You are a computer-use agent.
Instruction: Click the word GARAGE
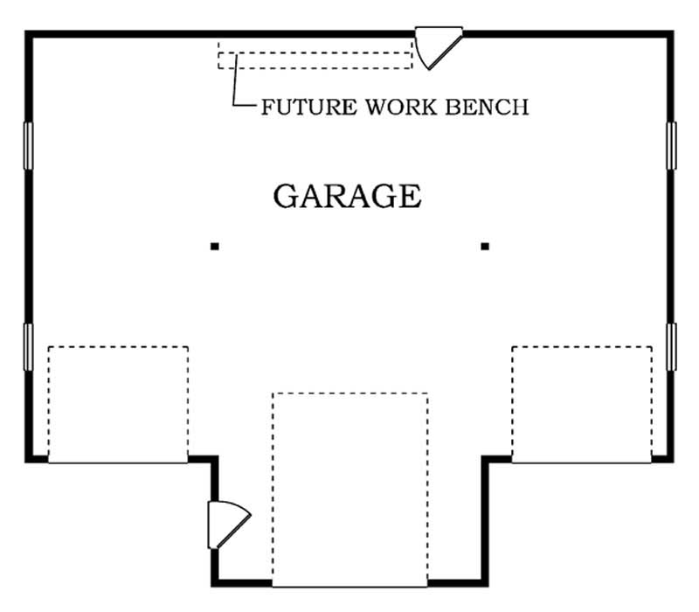click(347, 196)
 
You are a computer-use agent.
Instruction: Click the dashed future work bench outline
click(315, 59)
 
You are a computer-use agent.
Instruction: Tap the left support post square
click(214, 247)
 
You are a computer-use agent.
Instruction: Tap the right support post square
click(485, 247)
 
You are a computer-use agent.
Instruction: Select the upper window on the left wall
click(28, 145)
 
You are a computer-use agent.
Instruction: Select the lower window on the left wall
click(28, 346)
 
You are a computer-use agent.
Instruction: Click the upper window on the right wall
click(671, 145)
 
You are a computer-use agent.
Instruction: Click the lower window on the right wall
click(671, 346)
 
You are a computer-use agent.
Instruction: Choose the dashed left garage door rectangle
click(118, 404)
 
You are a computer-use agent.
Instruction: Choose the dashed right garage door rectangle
click(581, 404)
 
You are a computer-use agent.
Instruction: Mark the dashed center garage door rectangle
click(349, 490)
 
